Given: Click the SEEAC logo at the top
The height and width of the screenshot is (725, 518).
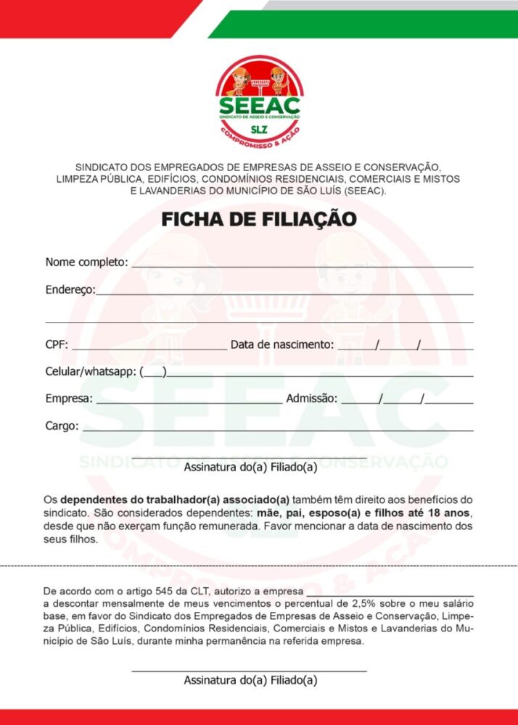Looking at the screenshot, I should click(259, 98).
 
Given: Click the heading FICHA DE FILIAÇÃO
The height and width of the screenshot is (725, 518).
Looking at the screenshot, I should click(258, 219).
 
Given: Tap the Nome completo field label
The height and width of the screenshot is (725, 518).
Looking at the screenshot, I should click(86, 262).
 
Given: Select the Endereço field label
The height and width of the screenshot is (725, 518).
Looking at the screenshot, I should click(70, 289).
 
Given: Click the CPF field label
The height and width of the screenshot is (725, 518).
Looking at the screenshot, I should click(57, 344).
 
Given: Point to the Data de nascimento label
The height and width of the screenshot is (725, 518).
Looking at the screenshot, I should click(282, 344).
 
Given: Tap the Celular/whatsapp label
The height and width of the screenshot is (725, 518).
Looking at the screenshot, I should click(91, 372).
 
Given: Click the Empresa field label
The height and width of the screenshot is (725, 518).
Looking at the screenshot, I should click(69, 399).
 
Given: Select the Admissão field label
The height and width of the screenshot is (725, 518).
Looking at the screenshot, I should click(312, 399).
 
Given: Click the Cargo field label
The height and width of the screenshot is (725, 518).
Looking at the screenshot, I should click(62, 426).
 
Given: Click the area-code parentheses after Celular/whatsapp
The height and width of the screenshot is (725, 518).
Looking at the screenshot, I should click(153, 373).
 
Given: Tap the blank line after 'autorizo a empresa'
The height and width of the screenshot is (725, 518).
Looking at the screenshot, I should click(395, 594).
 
